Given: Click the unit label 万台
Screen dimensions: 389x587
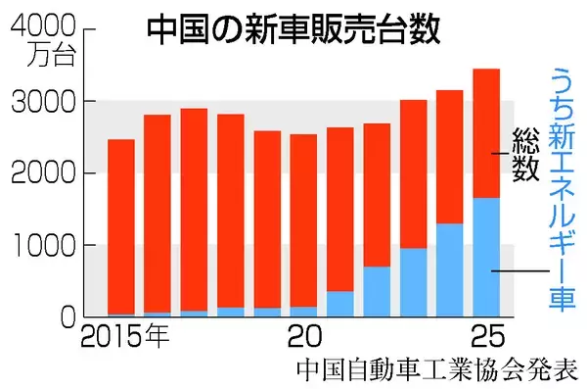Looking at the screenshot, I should pos(48,54).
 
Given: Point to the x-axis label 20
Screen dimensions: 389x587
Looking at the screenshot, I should pos(304,339).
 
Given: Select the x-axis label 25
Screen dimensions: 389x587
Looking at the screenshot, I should pos(484,339).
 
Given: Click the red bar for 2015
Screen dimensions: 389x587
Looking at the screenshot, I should pos(121,225).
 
